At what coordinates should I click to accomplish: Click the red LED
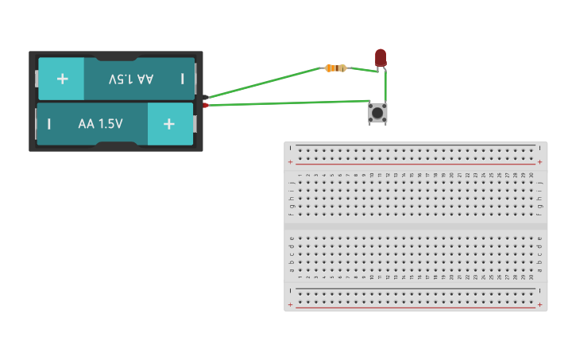(381, 57)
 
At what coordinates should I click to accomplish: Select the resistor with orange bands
(335, 68)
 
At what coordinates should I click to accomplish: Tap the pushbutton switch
(377, 114)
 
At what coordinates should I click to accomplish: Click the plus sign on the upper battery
(62, 79)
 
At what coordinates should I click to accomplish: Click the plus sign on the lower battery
(168, 124)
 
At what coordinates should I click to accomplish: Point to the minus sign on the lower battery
(49, 124)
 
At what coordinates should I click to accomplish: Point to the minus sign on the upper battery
(182, 79)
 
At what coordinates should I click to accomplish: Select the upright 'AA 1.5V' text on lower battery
(100, 124)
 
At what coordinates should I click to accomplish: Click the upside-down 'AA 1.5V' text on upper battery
(131, 79)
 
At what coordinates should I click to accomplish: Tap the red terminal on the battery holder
(205, 105)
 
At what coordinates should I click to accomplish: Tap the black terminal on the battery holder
(205, 98)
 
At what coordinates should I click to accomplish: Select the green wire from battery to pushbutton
(286, 103)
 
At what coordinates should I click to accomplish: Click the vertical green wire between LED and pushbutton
(385, 86)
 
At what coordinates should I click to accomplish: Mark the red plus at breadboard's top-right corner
(539, 162)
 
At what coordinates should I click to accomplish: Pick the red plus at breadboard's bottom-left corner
(290, 304)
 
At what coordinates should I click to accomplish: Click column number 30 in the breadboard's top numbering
(531, 175)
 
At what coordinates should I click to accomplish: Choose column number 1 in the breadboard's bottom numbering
(300, 277)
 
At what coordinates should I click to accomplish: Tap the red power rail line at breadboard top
(413, 163)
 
